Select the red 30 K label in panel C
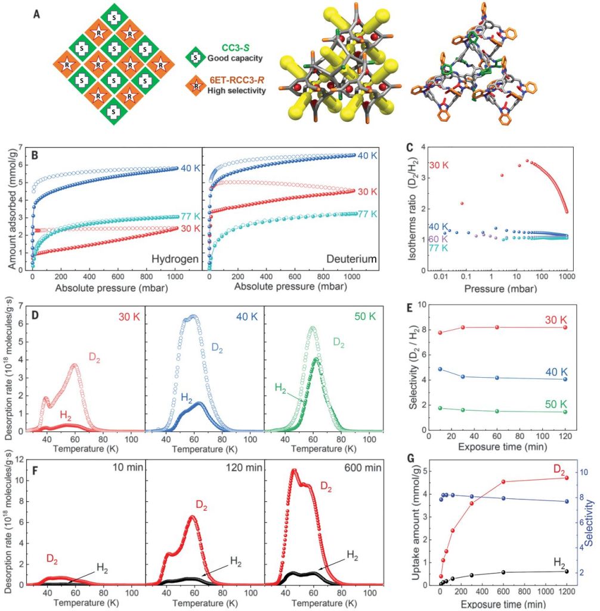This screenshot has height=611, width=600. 439,165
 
